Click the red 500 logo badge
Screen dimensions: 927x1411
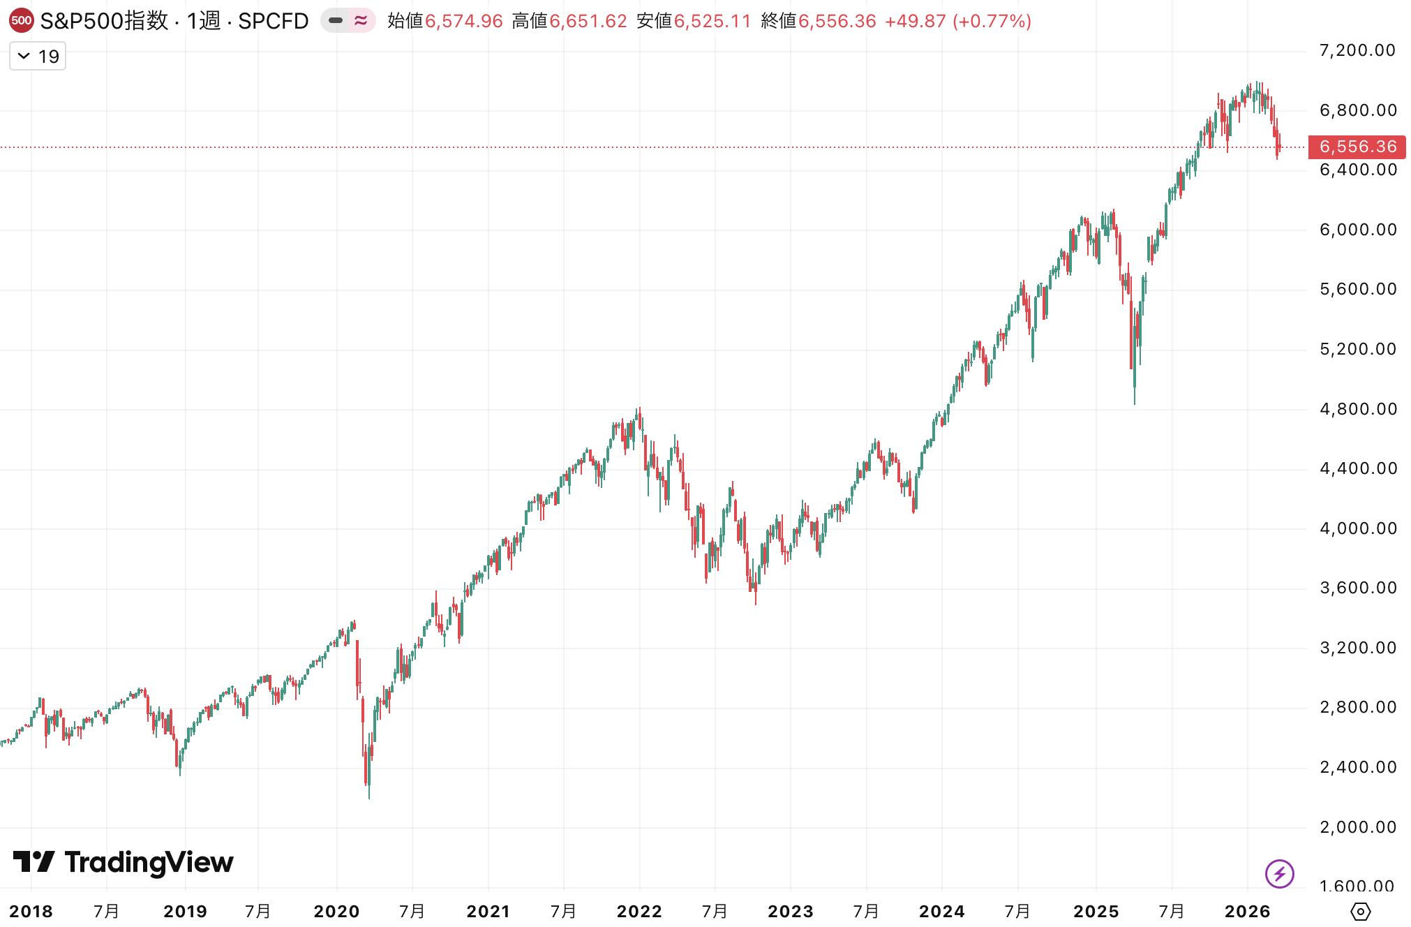tap(22, 21)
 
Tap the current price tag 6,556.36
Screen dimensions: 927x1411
tap(1357, 147)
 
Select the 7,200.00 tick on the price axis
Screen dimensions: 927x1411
tap(1357, 50)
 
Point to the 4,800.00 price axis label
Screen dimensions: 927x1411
tap(1357, 409)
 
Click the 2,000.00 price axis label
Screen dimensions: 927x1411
tap(1357, 827)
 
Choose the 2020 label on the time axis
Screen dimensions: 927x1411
tap(336, 911)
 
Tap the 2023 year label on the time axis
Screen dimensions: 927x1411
tap(790, 911)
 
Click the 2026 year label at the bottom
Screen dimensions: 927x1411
tap(1247, 911)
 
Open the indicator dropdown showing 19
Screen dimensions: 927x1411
tap(38, 57)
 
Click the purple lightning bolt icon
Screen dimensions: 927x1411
tap(1279, 873)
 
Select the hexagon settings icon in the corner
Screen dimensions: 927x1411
tap(1360, 911)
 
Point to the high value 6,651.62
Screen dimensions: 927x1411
tap(588, 21)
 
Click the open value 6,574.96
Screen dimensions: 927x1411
tap(464, 21)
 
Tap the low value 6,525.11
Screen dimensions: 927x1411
tap(712, 21)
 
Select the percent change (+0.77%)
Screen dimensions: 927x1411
tap(992, 21)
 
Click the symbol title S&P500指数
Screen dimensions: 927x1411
tap(104, 21)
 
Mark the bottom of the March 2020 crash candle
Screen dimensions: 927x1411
tap(368, 797)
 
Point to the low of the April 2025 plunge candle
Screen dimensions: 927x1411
tap(1134, 403)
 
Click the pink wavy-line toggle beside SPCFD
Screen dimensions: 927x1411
tap(361, 21)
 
